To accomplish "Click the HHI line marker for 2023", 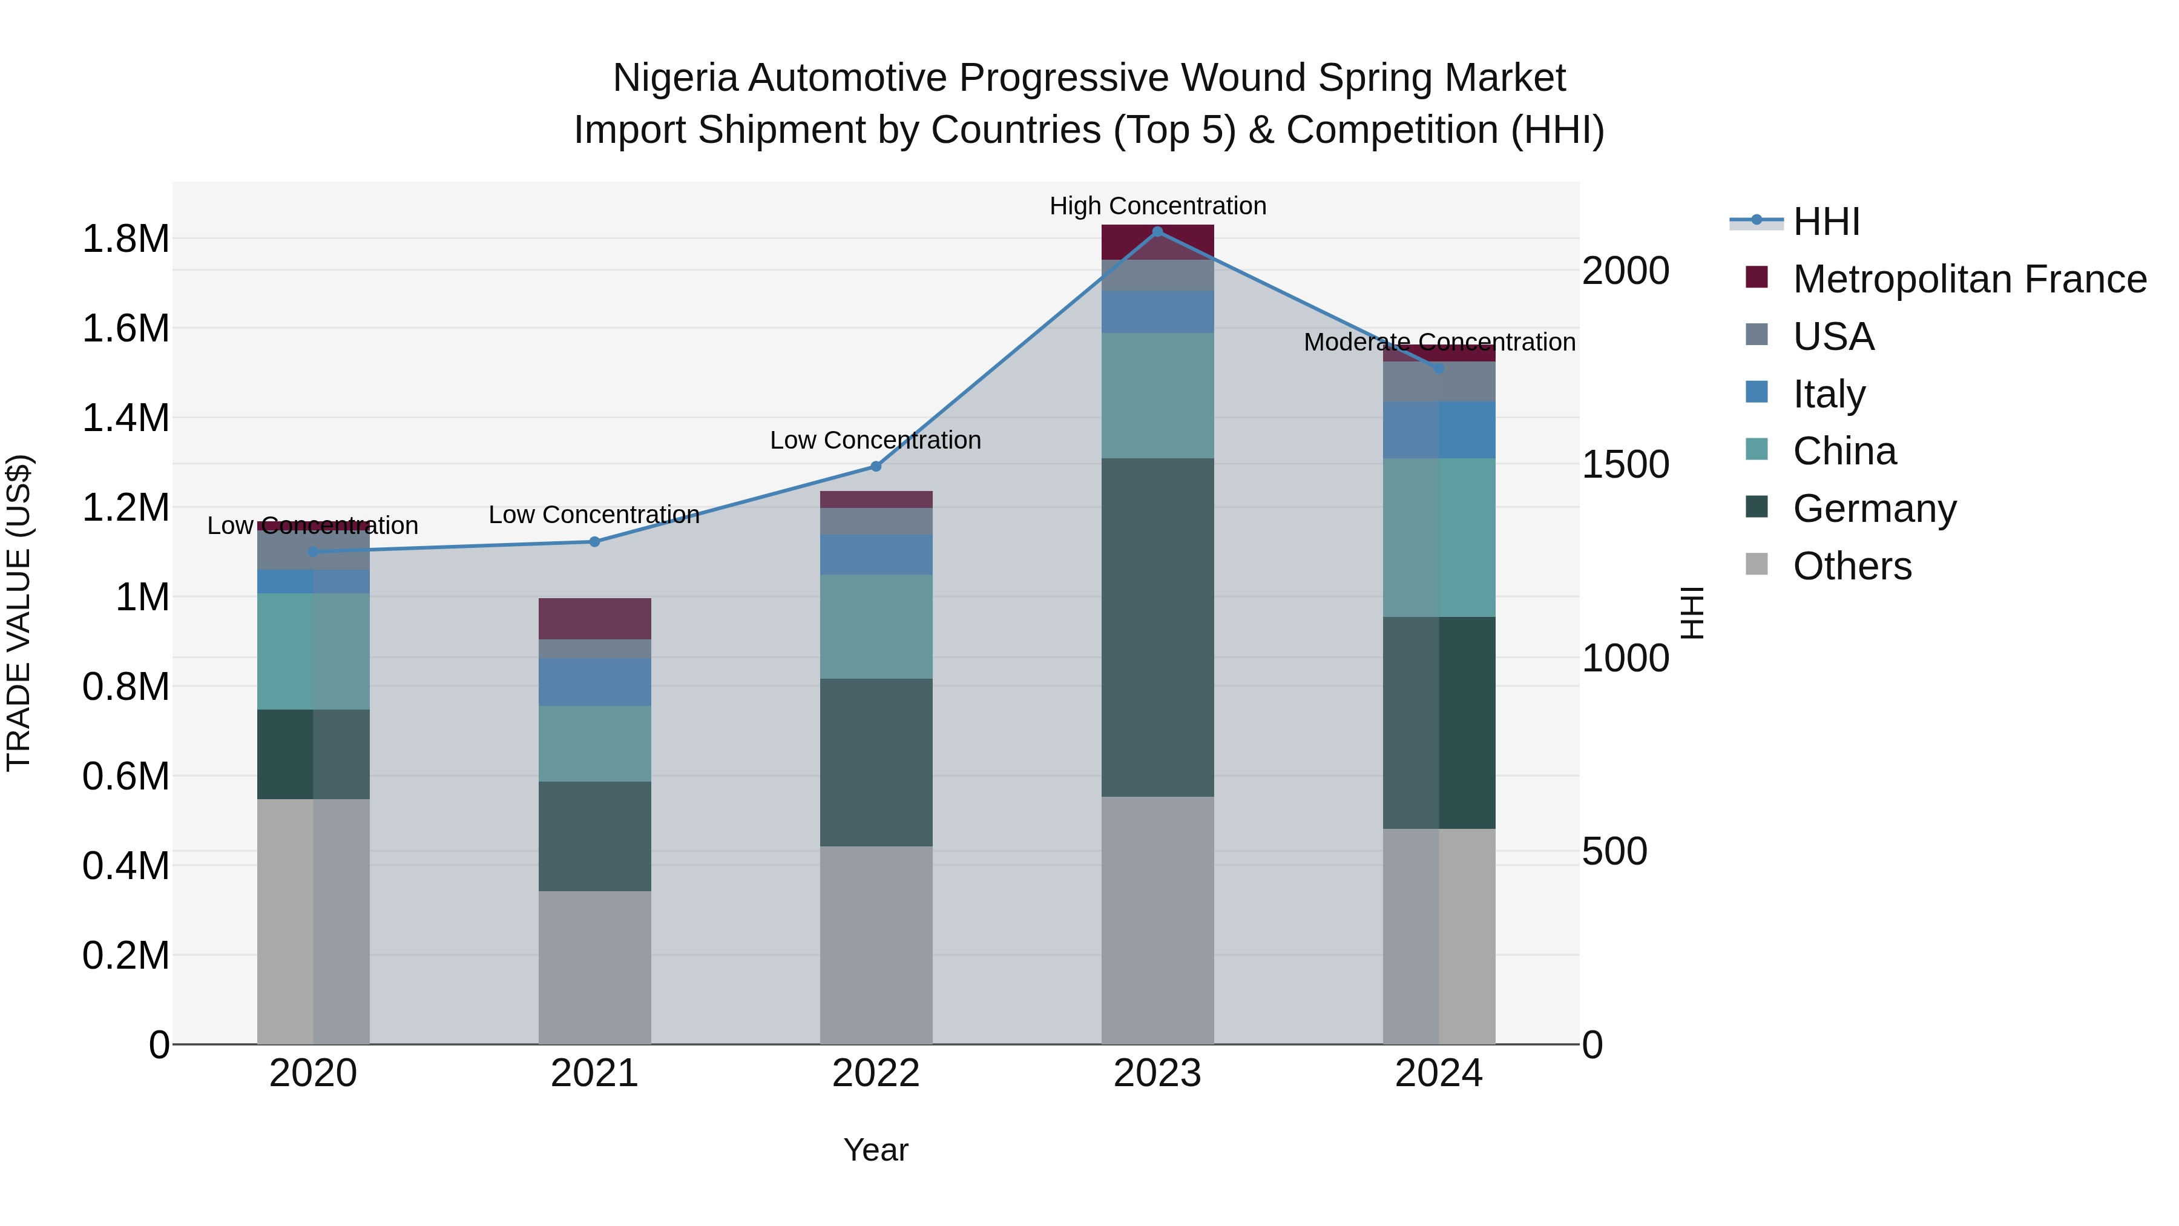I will tap(1157, 232).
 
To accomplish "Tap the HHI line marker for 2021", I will tap(594, 541).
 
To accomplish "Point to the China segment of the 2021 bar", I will tap(594, 743).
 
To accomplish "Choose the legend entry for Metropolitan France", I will tap(1968, 279).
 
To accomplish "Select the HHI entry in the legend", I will tap(1826, 222).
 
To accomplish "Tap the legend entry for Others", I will tap(1852, 566).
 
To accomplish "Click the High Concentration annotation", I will tap(1157, 206).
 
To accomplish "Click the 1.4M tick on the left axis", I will tap(125, 418).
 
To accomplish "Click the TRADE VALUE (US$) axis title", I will tap(19, 613).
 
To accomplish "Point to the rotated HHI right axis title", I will tap(1691, 613).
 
